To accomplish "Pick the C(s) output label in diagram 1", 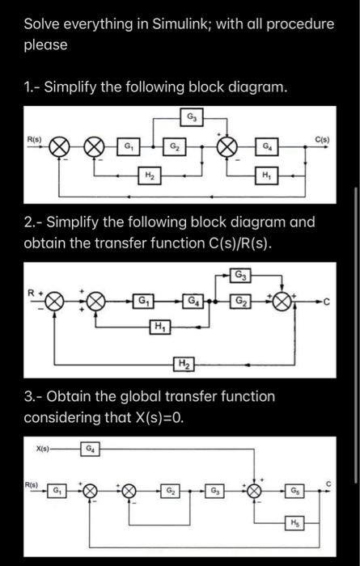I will click(x=324, y=138).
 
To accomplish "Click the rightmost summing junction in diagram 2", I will click(x=282, y=306).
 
